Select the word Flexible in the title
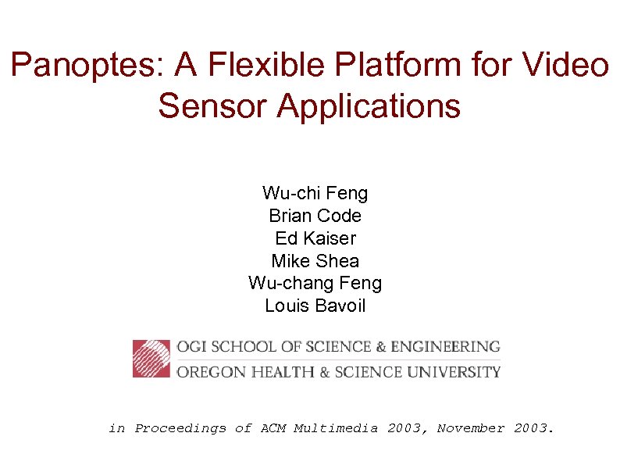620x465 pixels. coord(251,66)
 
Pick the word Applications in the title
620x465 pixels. coord(369,106)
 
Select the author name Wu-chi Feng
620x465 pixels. coord(315,193)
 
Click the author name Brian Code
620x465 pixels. coord(315,216)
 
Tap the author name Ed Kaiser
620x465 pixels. coord(315,238)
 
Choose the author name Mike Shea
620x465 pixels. coord(315,261)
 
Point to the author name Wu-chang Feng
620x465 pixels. coord(315,283)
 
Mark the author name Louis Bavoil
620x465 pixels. coord(315,306)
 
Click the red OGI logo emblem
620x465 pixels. coord(151,359)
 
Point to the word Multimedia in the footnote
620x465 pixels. coord(335,428)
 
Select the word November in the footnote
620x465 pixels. coord(471,428)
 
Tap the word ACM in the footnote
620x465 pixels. coord(273,428)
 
